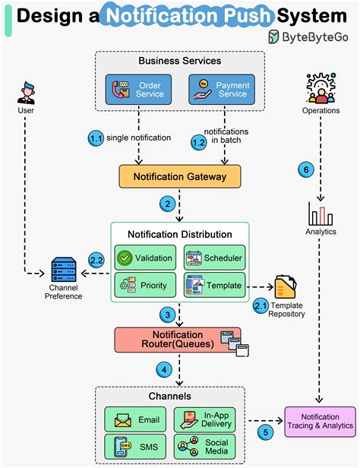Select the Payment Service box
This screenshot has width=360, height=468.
pos(221,89)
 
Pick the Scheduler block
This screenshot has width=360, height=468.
pos(214,258)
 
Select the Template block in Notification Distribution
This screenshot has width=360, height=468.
pos(214,286)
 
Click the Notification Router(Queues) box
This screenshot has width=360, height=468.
pos(177,340)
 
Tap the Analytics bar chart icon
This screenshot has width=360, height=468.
pos(320,213)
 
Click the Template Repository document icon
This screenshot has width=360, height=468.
pos(285,288)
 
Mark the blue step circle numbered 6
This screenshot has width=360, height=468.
pos(305,170)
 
